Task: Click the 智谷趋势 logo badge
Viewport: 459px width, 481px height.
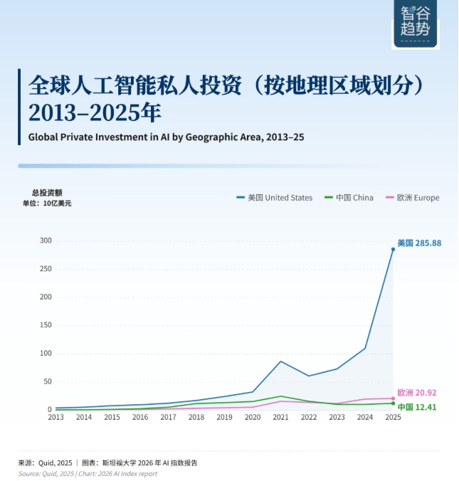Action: tap(415, 24)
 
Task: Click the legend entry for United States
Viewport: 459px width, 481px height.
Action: tap(274, 198)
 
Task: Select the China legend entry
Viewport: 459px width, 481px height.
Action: tap(349, 198)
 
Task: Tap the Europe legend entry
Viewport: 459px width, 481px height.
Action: tap(412, 198)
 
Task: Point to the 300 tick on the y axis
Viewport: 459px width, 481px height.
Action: tap(46, 240)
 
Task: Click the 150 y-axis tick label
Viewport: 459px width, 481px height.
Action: tap(46, 325)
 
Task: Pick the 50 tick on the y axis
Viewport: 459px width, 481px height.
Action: tap(48, 381)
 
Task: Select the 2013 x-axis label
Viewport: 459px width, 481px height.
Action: tap(56, 417)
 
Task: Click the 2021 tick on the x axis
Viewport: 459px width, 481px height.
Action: tap(281, 417)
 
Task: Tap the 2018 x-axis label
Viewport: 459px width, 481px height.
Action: tap(196, 417)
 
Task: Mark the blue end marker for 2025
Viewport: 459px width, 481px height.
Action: tap(393, 250)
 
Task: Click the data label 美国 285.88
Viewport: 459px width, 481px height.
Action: tap(419, 243)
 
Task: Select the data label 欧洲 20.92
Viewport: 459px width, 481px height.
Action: tap(417, 393)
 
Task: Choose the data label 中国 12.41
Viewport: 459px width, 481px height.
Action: tap(417, 407)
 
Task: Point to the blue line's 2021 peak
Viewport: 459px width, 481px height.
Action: tap(281, 361)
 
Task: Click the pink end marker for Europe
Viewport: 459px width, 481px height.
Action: tap(393, 398)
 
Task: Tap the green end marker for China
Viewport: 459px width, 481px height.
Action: tap(393, 403)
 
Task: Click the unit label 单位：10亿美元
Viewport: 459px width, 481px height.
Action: tap(47, 203)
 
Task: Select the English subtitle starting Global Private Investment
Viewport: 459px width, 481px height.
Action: tap(166, 137)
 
